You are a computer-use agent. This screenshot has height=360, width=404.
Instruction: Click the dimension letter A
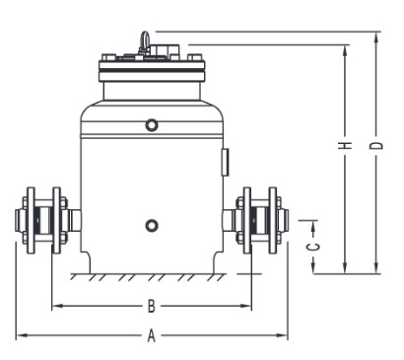pos(151,335)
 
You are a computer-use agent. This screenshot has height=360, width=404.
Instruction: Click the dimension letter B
pos(151,306)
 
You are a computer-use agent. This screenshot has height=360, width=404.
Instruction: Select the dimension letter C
pos(314,247)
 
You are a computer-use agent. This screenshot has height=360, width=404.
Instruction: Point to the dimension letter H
pos(345,145)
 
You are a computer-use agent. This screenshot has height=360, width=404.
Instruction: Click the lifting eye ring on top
pos(145,41)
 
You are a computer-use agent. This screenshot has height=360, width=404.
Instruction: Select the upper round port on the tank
pos(152,125)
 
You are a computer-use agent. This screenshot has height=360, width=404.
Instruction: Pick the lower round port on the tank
pos(152,226)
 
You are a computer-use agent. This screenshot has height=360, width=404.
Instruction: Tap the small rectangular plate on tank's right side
pos(226,162)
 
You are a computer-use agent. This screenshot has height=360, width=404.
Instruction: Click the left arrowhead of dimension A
pos(21,335)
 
